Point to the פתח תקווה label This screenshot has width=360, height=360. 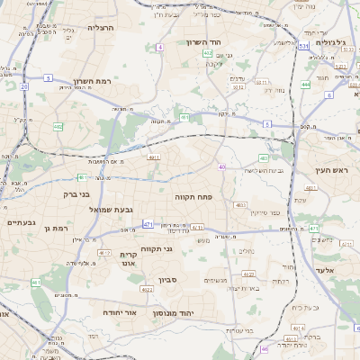(x=193, y=195)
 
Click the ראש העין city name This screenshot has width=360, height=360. (x=330, y=170)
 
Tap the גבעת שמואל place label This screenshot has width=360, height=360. (x=112, y=210)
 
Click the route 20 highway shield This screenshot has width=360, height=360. (x=23, y=86)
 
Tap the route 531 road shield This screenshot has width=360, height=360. (x=305, y=44)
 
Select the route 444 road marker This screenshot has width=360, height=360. (x=306, y=85)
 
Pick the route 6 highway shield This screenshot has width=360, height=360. (x=329, y=94)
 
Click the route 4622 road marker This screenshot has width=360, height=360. (x=147, y=290)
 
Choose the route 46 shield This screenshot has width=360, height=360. (x=222, y=166)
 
